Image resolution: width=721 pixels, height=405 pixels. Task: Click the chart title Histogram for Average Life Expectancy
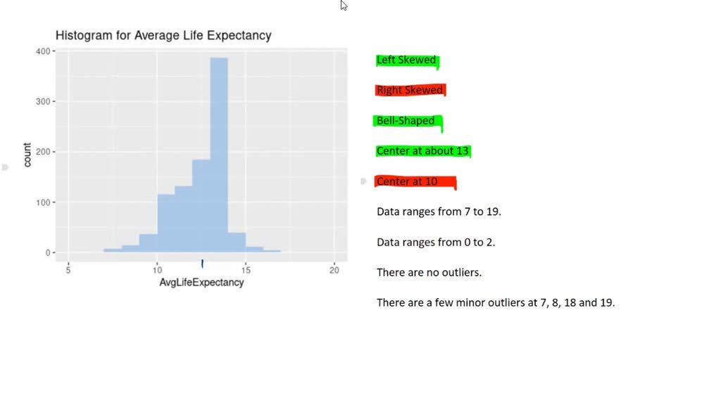(x=163, y=36)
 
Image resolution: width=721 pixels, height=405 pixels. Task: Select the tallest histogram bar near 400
(x=219, y=155)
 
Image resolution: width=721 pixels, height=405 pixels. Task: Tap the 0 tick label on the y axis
(x=48, y=253)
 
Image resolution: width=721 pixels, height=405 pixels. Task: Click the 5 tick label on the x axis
(x=68, y=270)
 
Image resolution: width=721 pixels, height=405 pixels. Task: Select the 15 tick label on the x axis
(x=245, y=270)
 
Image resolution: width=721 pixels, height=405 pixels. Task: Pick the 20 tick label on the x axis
(x=334, y=270)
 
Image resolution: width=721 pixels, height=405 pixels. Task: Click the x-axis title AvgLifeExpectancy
(x=201, y=283)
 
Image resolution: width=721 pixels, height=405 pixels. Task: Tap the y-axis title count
(x=27, y=155)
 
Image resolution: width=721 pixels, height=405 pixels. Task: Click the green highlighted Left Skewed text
(x=406, y=60)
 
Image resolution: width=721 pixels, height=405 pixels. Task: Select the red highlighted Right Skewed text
(x=410, y=90)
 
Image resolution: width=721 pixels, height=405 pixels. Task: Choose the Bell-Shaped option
(x=406, y=121)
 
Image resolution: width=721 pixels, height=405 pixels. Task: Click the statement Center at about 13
(x=422, y=151)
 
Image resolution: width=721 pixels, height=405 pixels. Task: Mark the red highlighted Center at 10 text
(x=408, y=181)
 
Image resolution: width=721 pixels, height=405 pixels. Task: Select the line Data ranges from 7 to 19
(x=439, y=212)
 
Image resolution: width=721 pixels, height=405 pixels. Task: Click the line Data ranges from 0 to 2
(x=436, y=243)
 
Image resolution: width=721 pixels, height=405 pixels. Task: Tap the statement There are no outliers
(x=429, y=273)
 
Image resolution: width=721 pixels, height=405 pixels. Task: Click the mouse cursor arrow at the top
(x=344, y=5)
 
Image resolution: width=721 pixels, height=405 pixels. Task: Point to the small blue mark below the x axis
(x=202, y=264)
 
